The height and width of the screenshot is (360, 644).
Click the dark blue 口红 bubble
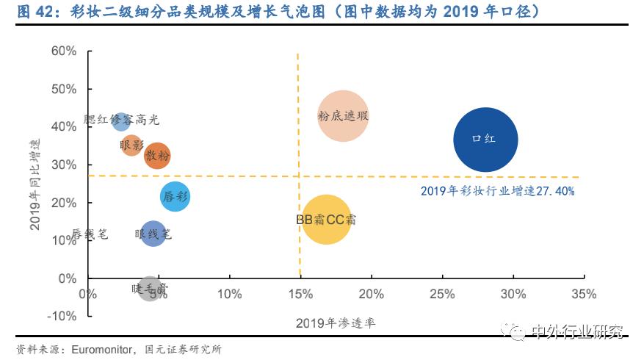[485, 140]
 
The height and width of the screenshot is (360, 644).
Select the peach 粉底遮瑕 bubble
[343, 115]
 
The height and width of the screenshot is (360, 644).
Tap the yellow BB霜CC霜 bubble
[326, 219]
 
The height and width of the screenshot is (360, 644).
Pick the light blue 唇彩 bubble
[175, 196]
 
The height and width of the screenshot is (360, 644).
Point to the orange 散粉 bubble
[157, 156]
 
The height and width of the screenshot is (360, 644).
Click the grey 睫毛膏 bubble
[150, 289]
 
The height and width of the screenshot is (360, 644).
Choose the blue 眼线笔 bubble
[153, 234]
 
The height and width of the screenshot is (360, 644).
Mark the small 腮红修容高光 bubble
[122, 120]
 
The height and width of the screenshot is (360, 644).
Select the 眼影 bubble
[131, 145]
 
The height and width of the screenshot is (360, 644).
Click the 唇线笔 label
[90, 234]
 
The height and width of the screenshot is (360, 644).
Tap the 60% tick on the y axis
[64, 51]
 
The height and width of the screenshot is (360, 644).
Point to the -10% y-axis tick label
[62, 316]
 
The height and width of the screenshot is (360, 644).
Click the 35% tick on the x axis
[584, 294]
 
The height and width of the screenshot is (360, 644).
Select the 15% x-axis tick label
[300, 294]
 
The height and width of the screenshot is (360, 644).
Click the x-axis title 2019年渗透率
[336, 323]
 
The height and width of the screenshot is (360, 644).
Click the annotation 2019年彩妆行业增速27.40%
[497, 191]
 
